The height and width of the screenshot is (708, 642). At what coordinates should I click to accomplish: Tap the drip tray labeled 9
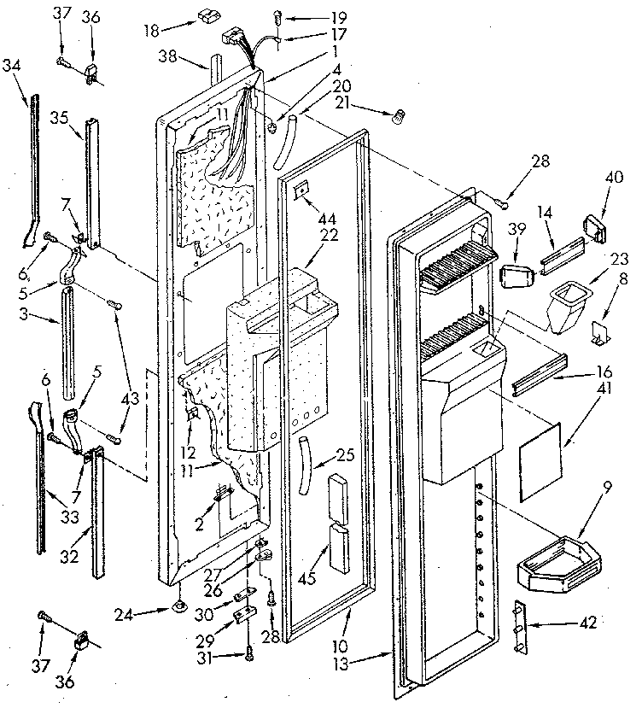(554, 566)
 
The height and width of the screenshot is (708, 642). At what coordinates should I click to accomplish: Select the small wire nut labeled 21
(396, 119)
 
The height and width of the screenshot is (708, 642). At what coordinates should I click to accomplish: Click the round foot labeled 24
(179, 607)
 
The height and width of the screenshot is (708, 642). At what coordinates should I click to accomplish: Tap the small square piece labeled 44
(301, 190)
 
